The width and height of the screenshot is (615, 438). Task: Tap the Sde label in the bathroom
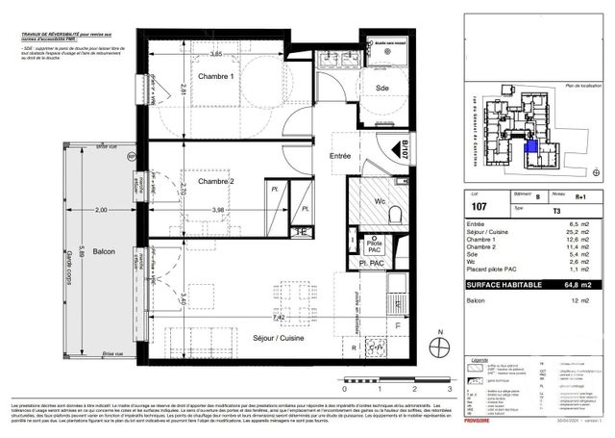[x=382, y=88]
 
